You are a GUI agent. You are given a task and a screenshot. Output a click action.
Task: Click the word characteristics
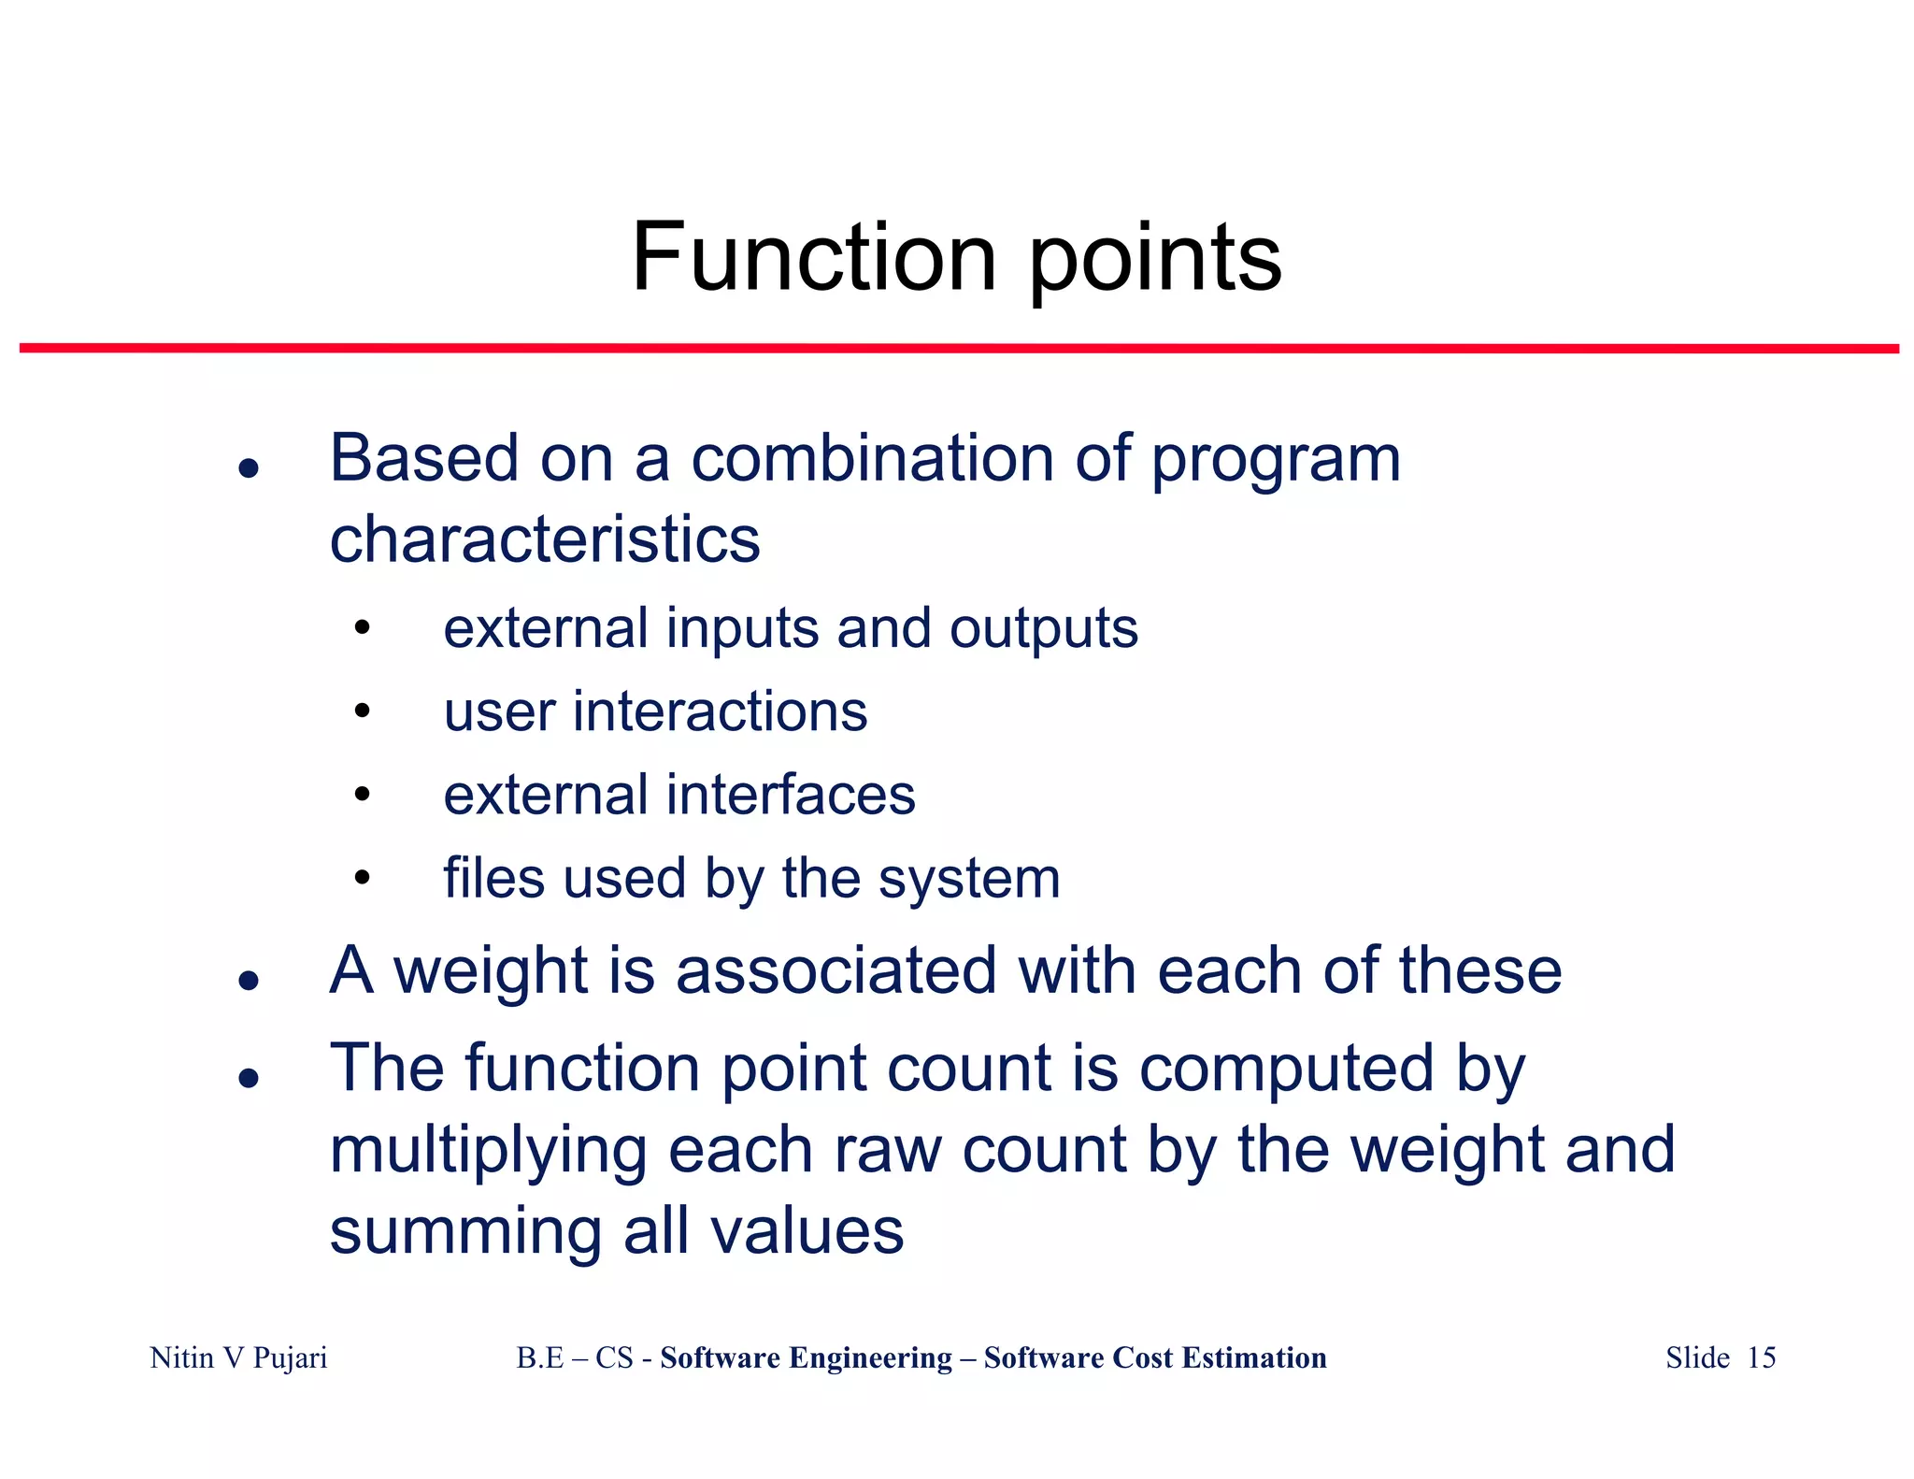click(x=545, y=539)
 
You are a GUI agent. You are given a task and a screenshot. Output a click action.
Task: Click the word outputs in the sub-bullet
click(x=1044, y=628)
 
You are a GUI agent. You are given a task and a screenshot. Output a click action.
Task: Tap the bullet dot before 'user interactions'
click(x=363, y=711)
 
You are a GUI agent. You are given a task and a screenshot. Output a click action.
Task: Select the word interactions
click(x=720, y=711)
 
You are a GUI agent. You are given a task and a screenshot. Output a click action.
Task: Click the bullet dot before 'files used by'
click(x=363, y=878)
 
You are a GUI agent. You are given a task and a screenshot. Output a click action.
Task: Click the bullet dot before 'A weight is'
click(x=248, y=980)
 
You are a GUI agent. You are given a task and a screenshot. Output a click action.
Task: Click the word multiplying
click(x=488, y=1151)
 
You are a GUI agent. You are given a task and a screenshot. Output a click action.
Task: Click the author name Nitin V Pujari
click(x=238, y=1357)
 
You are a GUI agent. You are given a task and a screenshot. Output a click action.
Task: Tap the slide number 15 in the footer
click(x=1761, y=1357)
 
